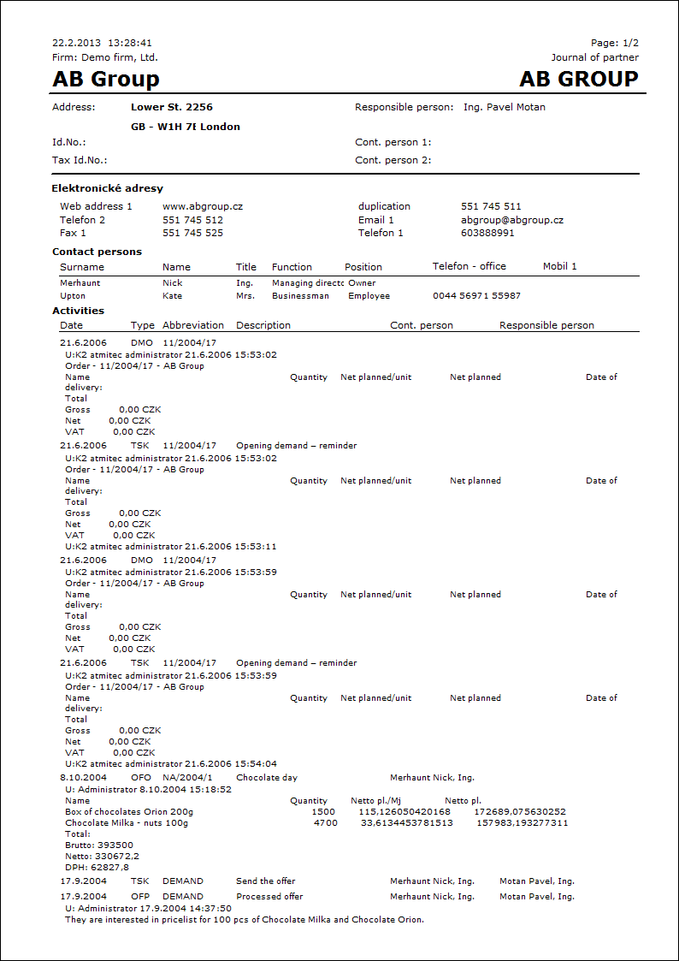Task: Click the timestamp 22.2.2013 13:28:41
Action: [102, 43]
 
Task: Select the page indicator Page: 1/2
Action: [614, 43]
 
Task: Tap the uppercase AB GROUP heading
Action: [579, 80]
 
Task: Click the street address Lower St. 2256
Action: [172, 108]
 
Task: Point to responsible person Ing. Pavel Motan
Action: [504, 108]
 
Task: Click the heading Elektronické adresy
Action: [108, 188]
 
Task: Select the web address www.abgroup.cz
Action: [203, 206]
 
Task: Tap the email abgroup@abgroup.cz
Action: [512, 220]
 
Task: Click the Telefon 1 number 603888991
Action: [487, 233]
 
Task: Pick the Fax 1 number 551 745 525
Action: [192, 233]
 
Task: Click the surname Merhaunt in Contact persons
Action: [80, 282]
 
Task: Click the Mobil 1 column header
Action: [559, 267]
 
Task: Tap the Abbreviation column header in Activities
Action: [193, 325]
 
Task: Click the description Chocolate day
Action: [267, 778]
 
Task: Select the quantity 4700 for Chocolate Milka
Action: [325, 823]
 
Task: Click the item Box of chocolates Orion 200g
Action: [129, 811]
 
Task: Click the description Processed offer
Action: [269, 897]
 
